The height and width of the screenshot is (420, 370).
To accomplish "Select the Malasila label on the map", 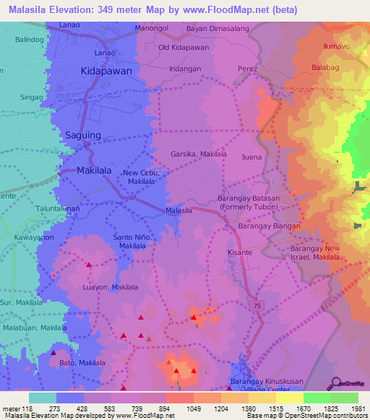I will [178, 210].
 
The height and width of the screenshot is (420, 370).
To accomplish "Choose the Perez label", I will [247, 69].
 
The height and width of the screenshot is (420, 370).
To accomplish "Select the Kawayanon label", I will [34, 237].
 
